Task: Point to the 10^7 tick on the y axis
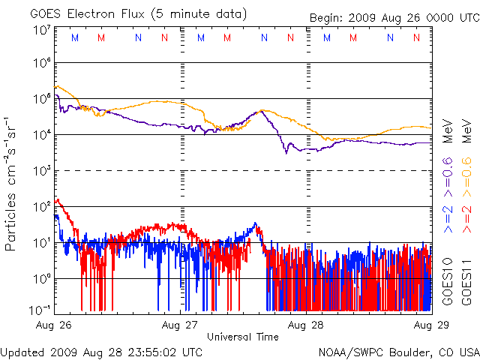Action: click(x=42, y=30)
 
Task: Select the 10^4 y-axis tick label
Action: click(x=42, y=134)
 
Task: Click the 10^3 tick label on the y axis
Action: click(x=42, y=170)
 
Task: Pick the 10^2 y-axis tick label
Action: click(x=42, y=206)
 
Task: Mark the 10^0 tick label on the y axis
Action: click(x=42, y=278)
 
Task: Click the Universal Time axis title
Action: click(x=243, y=337)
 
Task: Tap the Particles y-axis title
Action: click(x=11, y=210)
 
